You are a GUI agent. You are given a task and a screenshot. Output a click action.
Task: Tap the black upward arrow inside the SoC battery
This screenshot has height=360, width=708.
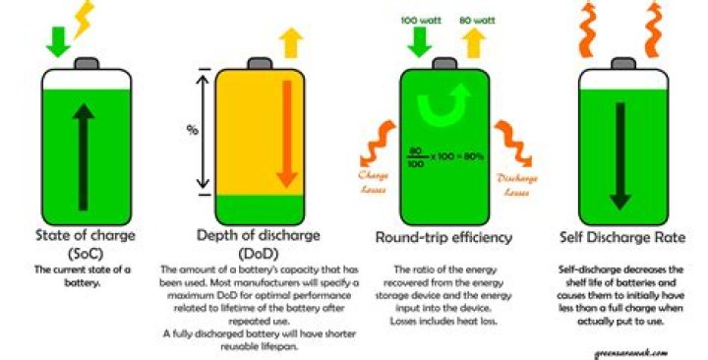click(x=85, y=148)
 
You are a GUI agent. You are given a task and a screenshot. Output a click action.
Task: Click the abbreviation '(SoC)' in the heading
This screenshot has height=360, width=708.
click(x=84, y=254)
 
